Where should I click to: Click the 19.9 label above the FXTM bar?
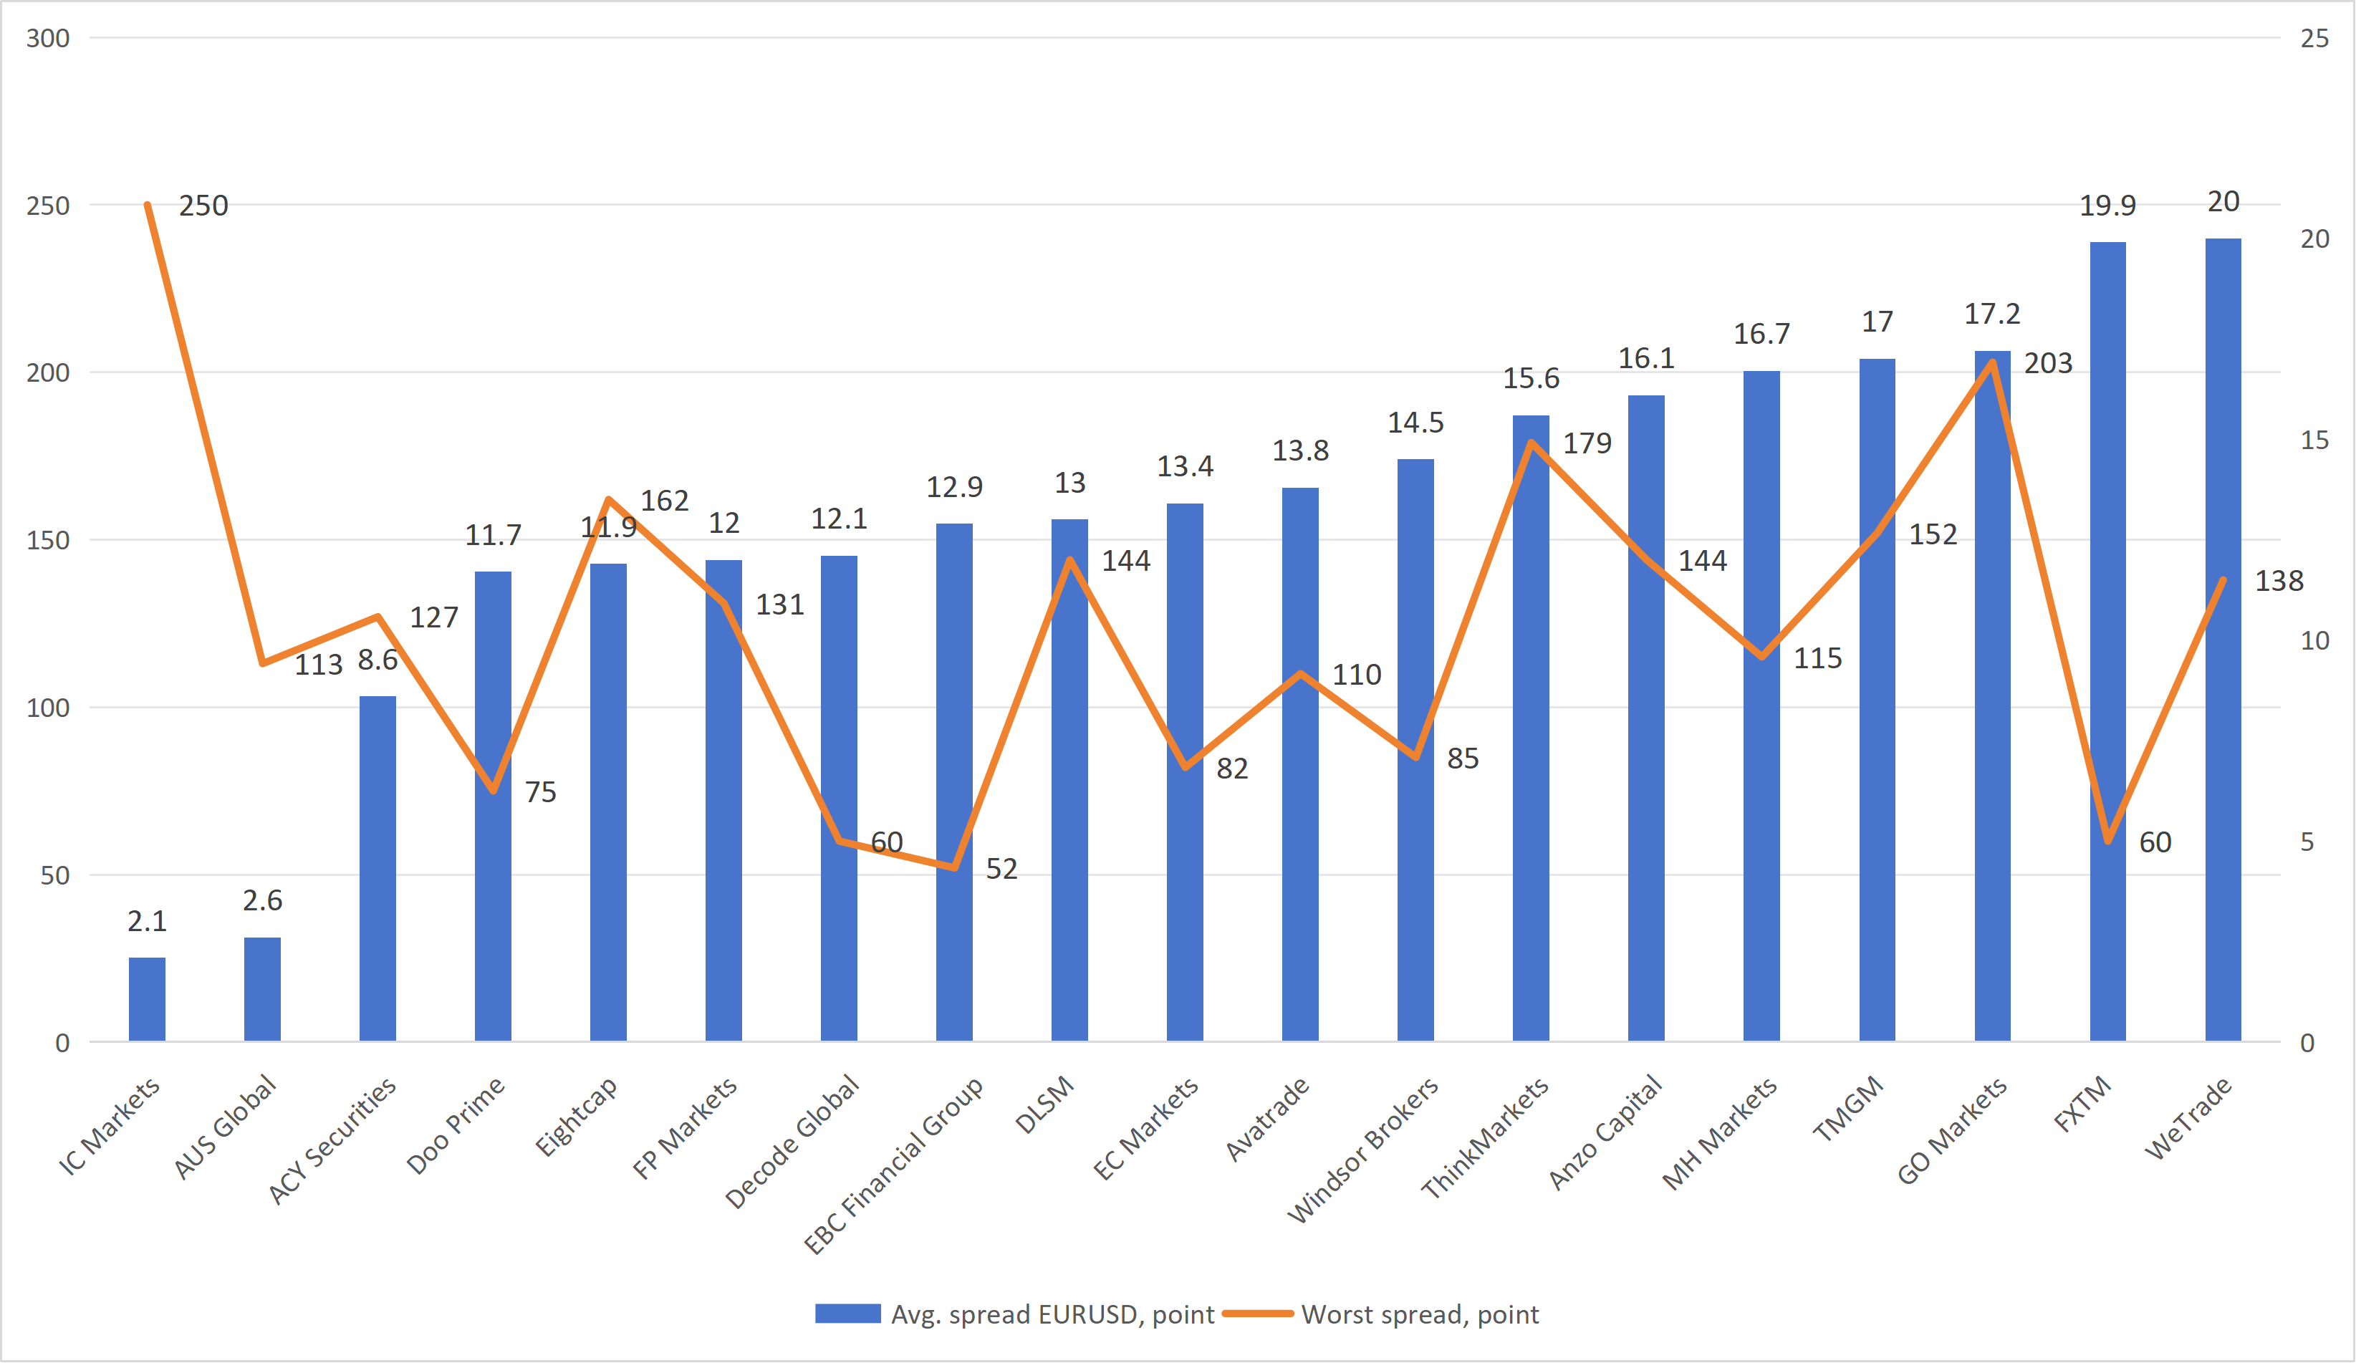[2107, 206]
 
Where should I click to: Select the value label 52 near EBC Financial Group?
[1001, 869]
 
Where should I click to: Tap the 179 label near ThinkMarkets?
[1587, 443]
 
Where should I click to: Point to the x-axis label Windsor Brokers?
[1363, 1150]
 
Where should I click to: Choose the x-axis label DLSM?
[1045, 1105]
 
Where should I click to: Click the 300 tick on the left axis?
[48, 39]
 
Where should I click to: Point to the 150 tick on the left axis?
[48, 540]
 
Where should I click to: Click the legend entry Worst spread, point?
[1418, 1314]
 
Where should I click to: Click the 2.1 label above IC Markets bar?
[147, 922]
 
